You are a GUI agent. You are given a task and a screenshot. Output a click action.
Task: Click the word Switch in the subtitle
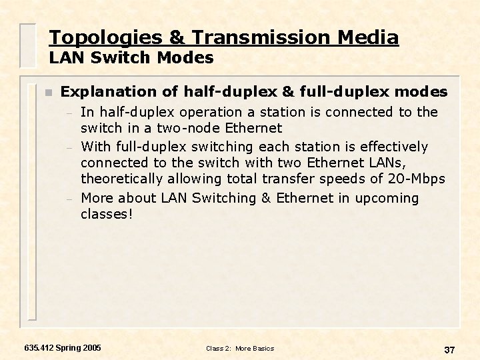[x=126, y=58]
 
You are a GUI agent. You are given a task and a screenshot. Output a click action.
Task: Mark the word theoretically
[x=122, y=179]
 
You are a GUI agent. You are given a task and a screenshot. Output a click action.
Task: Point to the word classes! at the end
[x=107, y=214]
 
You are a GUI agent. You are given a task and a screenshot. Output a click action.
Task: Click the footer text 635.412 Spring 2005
[x=63, y=348]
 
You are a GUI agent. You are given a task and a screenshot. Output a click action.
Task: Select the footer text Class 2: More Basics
[x=240, y=349]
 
